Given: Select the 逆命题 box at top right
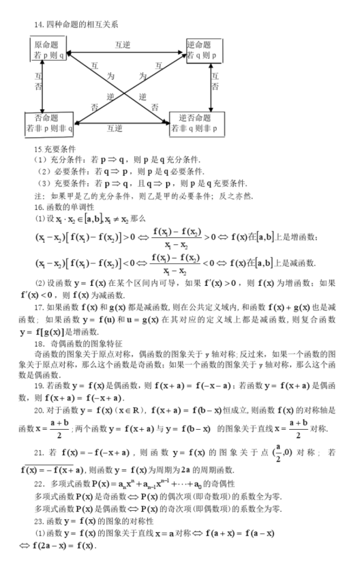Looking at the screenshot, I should click(x=203, y=49).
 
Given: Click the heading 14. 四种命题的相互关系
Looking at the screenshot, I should click(x=76, y=25).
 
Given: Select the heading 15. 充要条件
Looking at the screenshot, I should click(x=55, y=149).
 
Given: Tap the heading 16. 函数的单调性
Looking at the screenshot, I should click(x=64, y=206).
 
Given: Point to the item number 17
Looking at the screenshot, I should click(x=38, y=308).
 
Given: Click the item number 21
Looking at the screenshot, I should click(x=38, y=453).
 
